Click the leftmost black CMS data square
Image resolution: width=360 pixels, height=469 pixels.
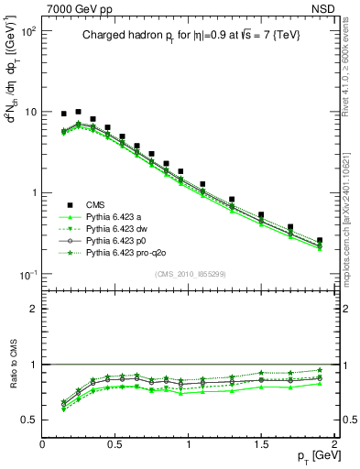64,115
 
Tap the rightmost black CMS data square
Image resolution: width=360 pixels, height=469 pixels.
320,240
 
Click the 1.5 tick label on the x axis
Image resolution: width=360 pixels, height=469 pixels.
261,445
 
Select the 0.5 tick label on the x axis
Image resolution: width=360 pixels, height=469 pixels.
115,445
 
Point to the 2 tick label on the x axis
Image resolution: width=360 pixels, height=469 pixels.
334,445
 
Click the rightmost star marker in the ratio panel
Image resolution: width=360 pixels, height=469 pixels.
320,370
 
